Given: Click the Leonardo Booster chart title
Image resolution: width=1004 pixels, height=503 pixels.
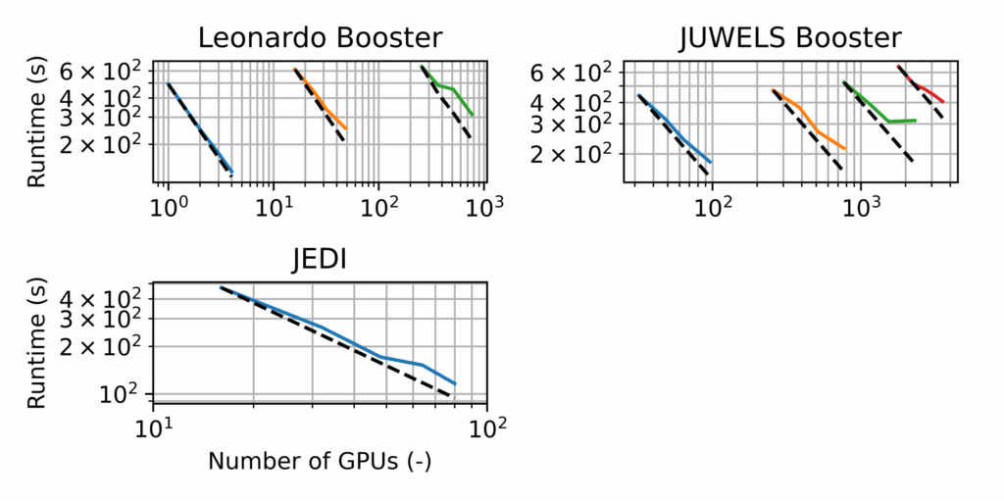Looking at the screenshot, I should pos(320,38).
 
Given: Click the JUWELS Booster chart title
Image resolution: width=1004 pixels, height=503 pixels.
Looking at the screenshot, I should pos(789,38).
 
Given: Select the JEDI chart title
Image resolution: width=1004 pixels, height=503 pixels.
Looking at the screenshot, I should pos(320,262).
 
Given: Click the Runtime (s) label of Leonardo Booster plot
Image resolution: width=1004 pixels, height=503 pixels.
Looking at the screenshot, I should pos(36,123).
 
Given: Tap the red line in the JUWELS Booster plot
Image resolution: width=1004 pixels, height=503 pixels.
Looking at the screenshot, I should pos(927,91).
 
